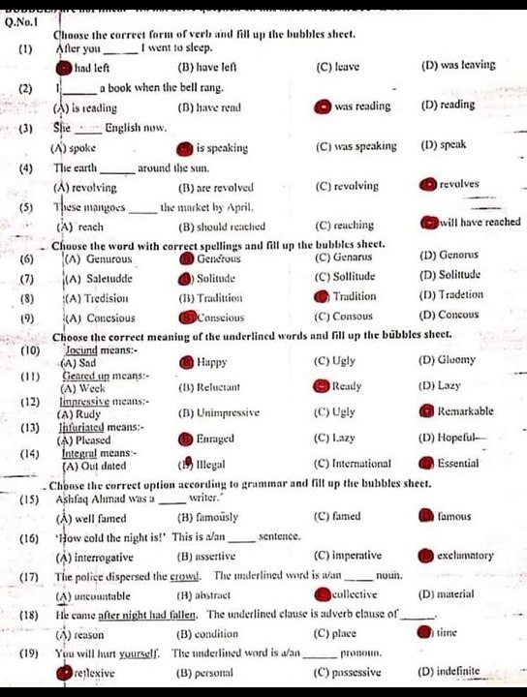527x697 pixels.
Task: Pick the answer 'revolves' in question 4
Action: tap(458, 184)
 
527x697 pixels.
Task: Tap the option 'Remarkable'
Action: tap(465, 411)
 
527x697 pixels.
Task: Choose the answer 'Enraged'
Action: tap(216, 439)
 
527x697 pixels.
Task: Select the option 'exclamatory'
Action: tap(465, 556)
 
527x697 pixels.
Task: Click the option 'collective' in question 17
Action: tap(358, 593)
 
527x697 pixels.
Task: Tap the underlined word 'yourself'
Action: tap(141, 653)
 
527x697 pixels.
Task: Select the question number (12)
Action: tap(29, 401)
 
